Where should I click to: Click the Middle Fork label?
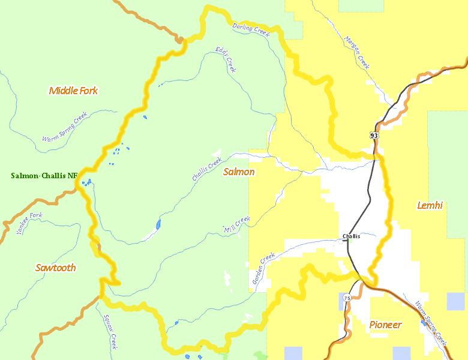pyautogui.click(x=73, y=91)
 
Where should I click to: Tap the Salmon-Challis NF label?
pyautogui.click(x=44, y=176)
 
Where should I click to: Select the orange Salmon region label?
pyautogui.click(x=239, y=172)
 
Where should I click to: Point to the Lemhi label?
pyautogui.click(x=430, y=206)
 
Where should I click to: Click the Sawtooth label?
pyautogui.click(x=55, y=268)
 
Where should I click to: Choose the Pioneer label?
pyautogui.click(x=385, y=325)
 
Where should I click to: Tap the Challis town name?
pyautogui.click(x=352, y=236)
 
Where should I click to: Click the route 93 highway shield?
pyautogui.click(x=374, y=136)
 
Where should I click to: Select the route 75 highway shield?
pyautogui.click(x=347, y=298)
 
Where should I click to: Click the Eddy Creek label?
pyautogui.click(x=226, y=61)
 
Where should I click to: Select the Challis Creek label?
pyautogui.click(x=207, y=170)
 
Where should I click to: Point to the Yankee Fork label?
pyautogui.click(x=30, y=223)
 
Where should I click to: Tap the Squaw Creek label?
pyautogui.click(x=109, y=332)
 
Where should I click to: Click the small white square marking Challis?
pyautogui.click(x=340, y=242)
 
